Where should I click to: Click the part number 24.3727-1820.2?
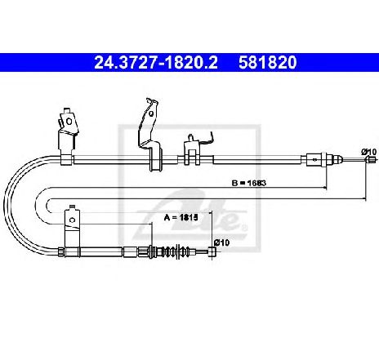click(x=156, y=62)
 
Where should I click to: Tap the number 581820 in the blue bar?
click(x=268, y=62)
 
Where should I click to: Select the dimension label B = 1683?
click(x=248, y=183)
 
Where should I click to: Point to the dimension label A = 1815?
click(x=181, y=217)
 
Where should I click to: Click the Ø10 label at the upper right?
click(x=369, y=152)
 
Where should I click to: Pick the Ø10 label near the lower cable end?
click(x=222, y=242)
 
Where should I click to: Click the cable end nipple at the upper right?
click(x=370, y=160)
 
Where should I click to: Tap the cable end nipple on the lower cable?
click(x=212, y=251)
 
